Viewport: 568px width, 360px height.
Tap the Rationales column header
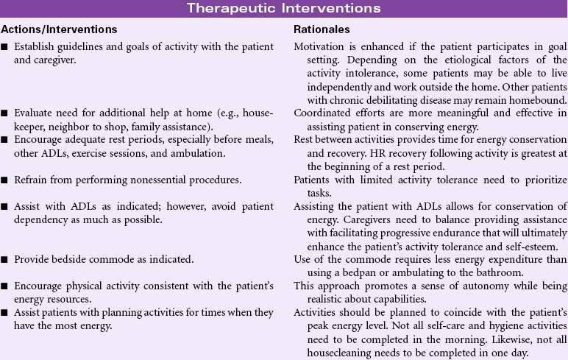319,29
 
